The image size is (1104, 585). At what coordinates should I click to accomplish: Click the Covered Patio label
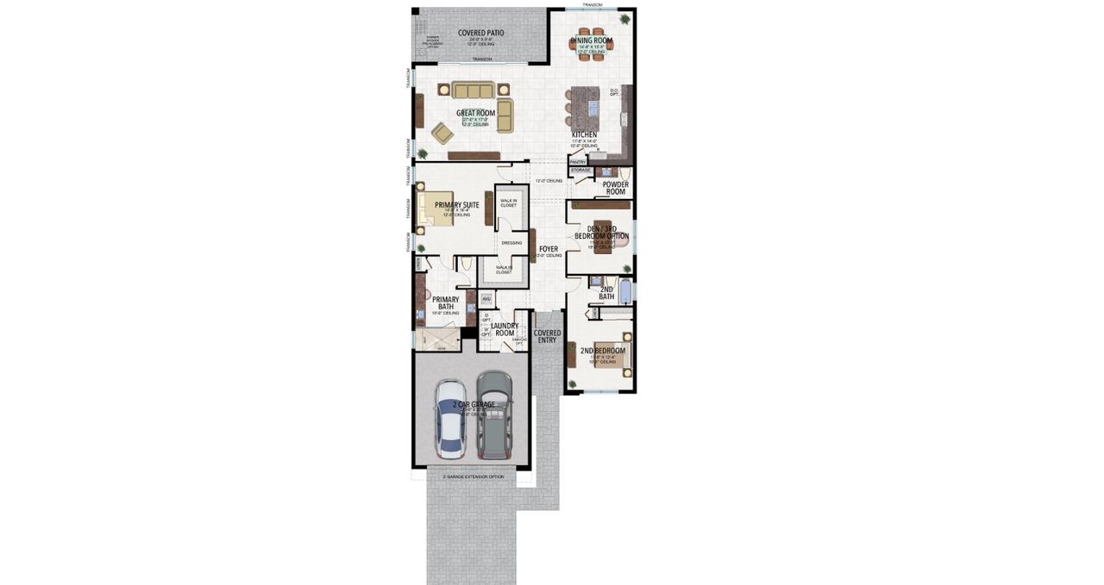(481, 33)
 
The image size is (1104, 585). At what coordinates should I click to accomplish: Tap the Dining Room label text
(592, 40)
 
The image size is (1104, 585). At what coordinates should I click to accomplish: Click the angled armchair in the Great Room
(442, 133)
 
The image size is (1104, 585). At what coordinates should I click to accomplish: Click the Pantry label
(578, 162)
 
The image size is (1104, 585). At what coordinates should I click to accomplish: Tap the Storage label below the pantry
(580, 171)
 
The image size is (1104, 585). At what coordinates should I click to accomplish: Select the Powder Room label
(615, 188)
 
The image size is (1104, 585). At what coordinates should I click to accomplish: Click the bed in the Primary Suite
(436, 208)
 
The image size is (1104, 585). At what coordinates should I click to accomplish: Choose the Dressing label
(511, 243)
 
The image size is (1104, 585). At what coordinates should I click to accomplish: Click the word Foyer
(549, 250)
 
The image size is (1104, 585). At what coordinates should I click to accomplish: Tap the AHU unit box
(486, 299)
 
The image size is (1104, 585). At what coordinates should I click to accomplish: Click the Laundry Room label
(504, 329)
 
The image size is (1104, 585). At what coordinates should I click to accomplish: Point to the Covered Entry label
(547, 336)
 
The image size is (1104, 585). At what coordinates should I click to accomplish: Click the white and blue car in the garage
(450, 418)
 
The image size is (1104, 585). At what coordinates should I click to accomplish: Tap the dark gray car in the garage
(493, 414)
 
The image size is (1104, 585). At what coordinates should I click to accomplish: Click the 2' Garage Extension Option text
(473, 476)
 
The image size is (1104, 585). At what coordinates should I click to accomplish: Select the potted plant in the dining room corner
(624, 19)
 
